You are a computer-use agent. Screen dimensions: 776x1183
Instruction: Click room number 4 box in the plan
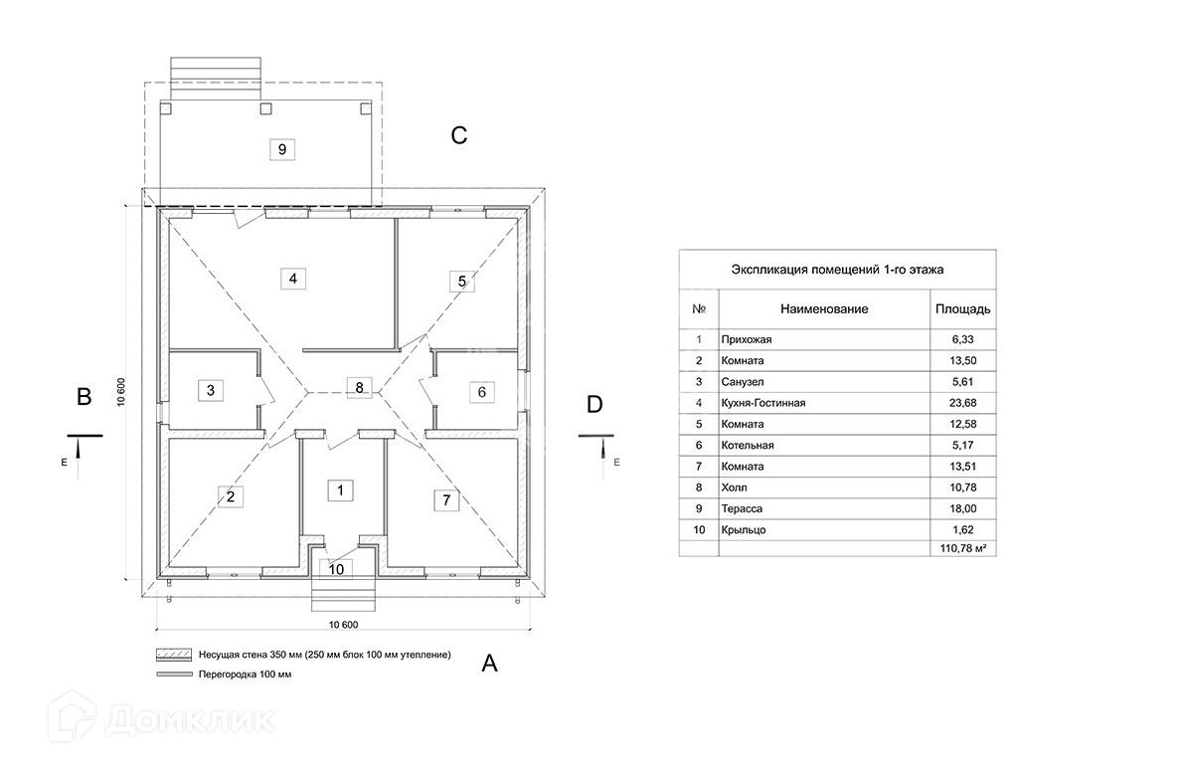point(292,279)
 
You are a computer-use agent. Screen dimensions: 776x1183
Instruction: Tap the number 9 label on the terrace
point(282,150)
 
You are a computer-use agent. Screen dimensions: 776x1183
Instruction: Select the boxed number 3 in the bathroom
point(210,390)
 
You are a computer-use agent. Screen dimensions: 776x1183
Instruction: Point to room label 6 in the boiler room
point(481,392)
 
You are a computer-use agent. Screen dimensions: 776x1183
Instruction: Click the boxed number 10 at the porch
point(337,569)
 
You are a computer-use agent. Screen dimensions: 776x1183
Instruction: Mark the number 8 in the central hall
point(361,388)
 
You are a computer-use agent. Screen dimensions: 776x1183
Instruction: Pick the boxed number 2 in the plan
point(230,497)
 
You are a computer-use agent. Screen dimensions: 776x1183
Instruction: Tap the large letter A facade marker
point(489,664)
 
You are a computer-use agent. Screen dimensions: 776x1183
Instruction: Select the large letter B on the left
point(85,397)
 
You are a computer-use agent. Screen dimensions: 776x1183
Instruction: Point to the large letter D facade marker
point(594,405)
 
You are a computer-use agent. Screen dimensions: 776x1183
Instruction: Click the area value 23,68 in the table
point(962,403)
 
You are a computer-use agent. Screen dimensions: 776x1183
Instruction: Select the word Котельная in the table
point(748,446)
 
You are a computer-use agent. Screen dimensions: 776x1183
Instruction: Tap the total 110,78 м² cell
point(962,548)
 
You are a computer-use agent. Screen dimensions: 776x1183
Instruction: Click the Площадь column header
point(962,309)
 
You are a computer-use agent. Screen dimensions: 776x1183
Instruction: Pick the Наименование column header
point(824,309)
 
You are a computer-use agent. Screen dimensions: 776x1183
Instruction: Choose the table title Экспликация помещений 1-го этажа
point(837,270)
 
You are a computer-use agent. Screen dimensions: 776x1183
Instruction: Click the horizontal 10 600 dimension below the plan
point(343,625)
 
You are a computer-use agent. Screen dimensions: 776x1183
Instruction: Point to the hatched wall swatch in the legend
point(174,656)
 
